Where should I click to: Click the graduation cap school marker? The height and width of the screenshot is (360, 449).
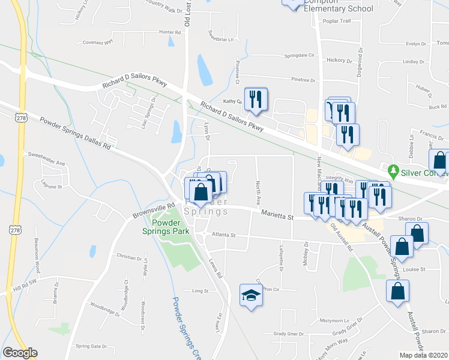pyautogui.click(x=252, y=295)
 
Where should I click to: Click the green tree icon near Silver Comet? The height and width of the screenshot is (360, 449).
pyautogui.click(x=393, y=171)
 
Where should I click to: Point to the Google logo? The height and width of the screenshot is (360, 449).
pyautogui.click(x=20, y=353)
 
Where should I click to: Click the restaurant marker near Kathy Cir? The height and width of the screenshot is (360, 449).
pyautogui.click(x=256, y=100)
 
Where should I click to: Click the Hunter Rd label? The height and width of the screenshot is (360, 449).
pyautogui.click(x=170, y=32)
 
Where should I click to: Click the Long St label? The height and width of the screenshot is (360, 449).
pyautogui.click(x=199, y=291)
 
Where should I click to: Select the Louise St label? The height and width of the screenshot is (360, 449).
pyautogui.click(x=414, y=269)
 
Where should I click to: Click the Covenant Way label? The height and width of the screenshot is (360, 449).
pyautogui.click(x=98, y=43)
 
